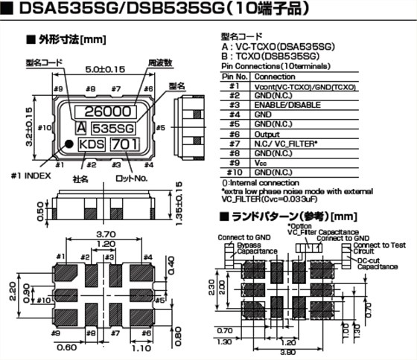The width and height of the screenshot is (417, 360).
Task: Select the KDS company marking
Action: pyautogui.click(x=91, y=143)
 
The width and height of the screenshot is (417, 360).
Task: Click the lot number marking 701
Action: pyautogui.click(x=124, y=143)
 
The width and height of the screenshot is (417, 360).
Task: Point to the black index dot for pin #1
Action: pyautogui.click(x=66, y=145)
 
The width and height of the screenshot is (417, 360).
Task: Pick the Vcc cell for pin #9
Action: pyautogui.click(x=261, y=163)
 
